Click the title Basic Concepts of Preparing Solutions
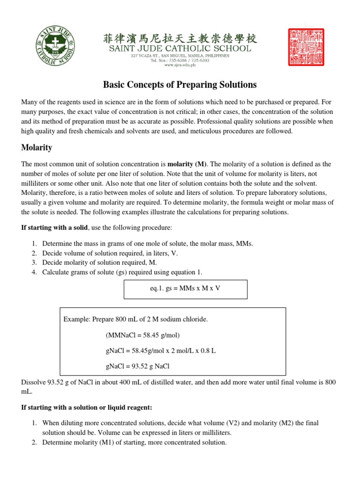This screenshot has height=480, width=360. tap(180, 85)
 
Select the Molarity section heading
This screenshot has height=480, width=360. tap(37, 148)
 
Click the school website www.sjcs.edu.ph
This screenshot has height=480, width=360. tap(180, 66)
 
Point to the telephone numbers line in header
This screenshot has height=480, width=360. tap(180, 60)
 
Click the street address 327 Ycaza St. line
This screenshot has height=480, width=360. tap(180, 55)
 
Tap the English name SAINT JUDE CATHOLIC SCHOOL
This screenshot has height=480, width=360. tap(180, 48)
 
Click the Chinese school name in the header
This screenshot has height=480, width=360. tap(180, 37)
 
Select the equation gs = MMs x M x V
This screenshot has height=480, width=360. tap(185, 288)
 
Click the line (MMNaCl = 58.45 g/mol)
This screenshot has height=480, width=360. tap(143, 335)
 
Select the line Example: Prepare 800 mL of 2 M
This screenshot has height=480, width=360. tap(135, 319)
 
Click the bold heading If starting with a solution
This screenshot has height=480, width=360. tap(87, 407)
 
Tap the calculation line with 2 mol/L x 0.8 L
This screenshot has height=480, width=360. tap(161, 351)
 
